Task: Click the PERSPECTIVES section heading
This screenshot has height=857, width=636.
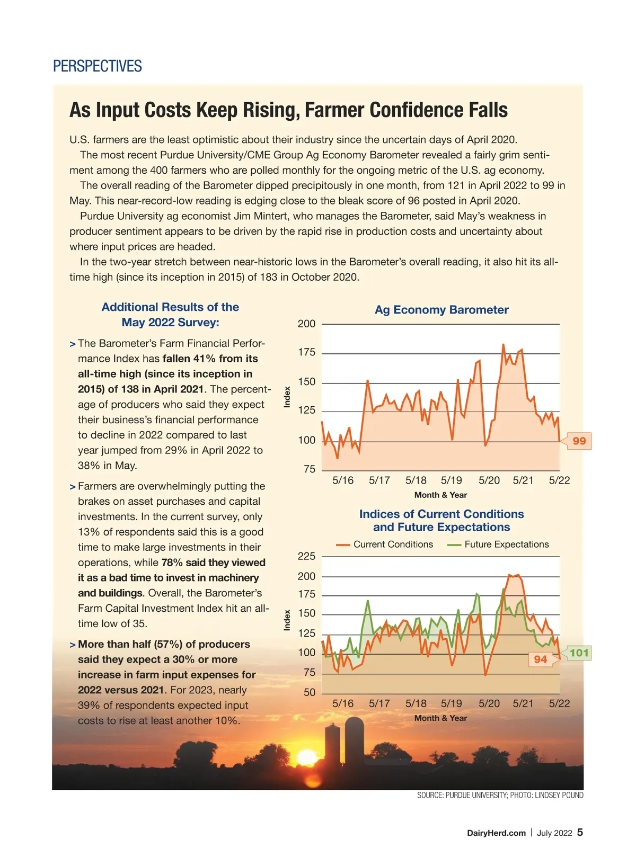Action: [x=98, y=66]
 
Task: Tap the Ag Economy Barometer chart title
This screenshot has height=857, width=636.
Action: [x=441, y=310]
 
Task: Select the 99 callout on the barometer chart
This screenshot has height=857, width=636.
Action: [x=579, y=441]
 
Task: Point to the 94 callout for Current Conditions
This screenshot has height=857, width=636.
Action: [x=541, y=659]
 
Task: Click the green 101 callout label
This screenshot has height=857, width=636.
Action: [x=579, y=653]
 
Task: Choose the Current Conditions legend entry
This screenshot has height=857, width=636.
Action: [x=385, y=544]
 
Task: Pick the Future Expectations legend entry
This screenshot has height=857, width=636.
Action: [x=499, y=544]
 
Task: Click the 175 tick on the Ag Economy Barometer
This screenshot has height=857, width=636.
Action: [x=306, y=353]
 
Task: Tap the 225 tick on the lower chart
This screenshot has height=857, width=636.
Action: [x=306, y=556]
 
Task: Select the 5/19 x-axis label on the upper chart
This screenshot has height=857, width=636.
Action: [x=452, y=480]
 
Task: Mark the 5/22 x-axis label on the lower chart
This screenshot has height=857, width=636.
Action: [x=559, y=703]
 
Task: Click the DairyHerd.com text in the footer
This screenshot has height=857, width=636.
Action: [x=496, y=833]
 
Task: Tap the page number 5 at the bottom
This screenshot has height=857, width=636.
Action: [x=580, y=832]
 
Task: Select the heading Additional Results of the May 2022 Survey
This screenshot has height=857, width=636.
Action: [x=170, y=315]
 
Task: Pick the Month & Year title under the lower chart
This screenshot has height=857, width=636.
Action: [x=440, y=718]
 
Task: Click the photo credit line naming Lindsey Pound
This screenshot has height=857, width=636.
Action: [x=500, y=795]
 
